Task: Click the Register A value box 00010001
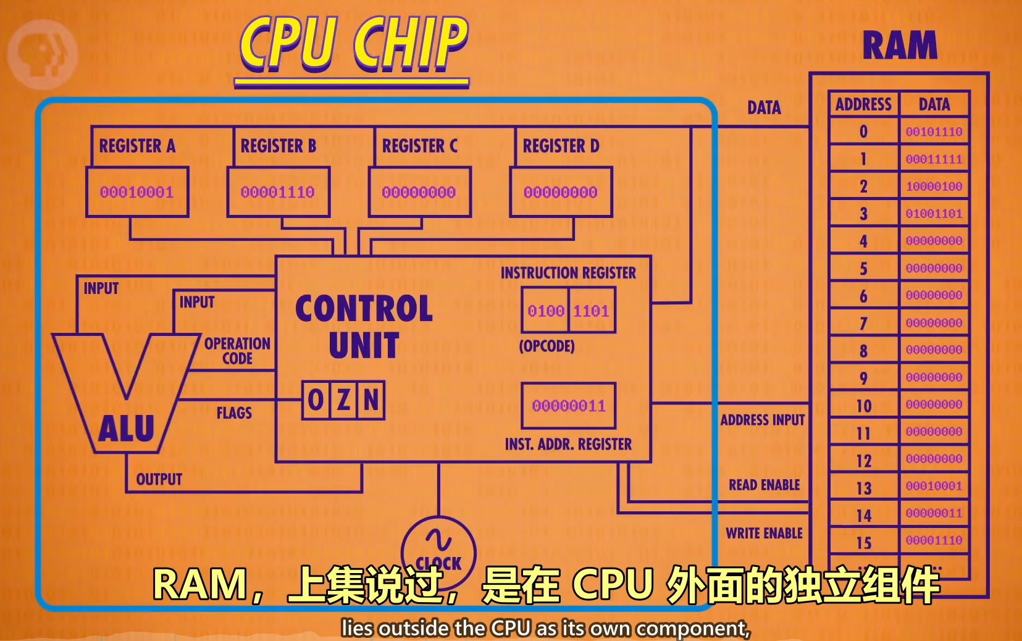click(137, 192)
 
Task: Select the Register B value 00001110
click(278, 192)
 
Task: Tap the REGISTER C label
click(420, 146)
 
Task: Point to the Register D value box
click(561, 192)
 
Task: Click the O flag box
click(316, 400)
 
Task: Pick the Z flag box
click(343, 400)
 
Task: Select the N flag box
click(371, 400)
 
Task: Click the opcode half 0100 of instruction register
click(546, 311)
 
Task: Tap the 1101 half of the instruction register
click(592, 311)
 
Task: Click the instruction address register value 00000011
click(569, 406)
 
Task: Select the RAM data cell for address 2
click(934, 186)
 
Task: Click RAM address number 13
click(864, 488)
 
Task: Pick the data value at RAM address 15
click(934, 540)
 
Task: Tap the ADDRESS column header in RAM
click(863, 104)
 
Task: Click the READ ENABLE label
click(764, 485)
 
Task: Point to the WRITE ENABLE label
click(764, 533)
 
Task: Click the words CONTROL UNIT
click(364, 327)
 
